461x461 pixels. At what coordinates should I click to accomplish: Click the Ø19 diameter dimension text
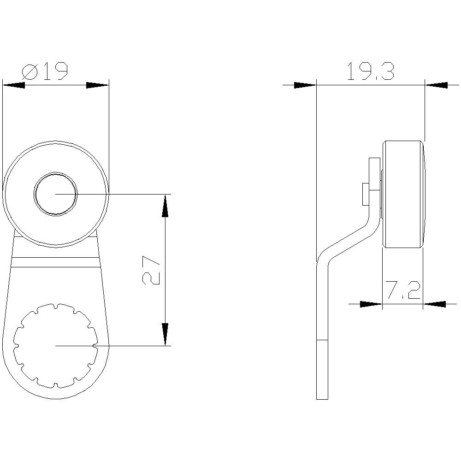click(x=45, y=71)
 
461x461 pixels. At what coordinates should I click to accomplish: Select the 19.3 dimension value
click(x=371, y=71)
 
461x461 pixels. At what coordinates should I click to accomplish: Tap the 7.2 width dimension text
click(x=403, y=290)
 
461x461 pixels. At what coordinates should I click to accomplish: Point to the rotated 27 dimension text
click(x=151, y=270)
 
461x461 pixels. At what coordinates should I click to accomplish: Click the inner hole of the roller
click(x=56, y=194)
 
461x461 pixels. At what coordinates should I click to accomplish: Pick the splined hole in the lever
click(x=56, y=346)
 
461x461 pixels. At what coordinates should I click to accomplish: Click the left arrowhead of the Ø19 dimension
click(x=13, y=85)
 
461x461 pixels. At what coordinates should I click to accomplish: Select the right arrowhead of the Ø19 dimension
click(x=97, y=85)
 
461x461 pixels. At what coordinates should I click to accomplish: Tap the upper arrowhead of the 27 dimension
click(x=165, y=206)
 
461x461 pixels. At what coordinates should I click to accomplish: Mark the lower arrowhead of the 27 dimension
click(x=165, y=334)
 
